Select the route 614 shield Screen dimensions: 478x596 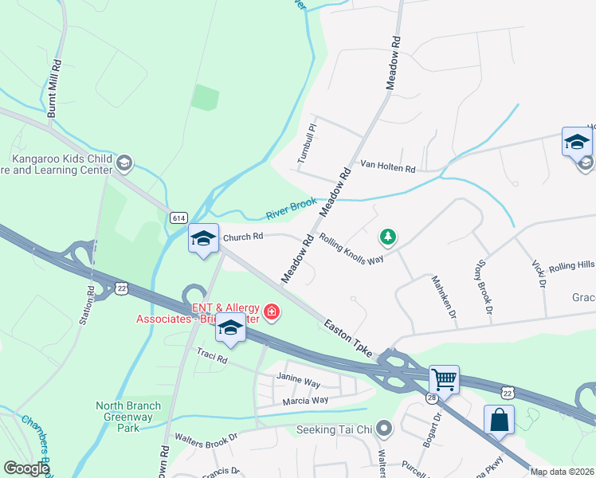click(x=179, y=217)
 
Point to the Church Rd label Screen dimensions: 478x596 click(x=243, y=237)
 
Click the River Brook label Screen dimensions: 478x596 click(x=291, y=210)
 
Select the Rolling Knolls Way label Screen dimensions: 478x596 click(x=351, y=249)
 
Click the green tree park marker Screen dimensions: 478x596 click(x=387, y=237)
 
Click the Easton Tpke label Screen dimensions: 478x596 click(x=349, y=339)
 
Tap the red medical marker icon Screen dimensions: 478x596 click(x=272, y=311)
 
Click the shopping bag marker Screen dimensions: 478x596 click(x=499, y=419)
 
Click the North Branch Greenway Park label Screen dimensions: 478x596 click(x=128, y=417)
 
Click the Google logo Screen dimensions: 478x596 click(x=26, y=468)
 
